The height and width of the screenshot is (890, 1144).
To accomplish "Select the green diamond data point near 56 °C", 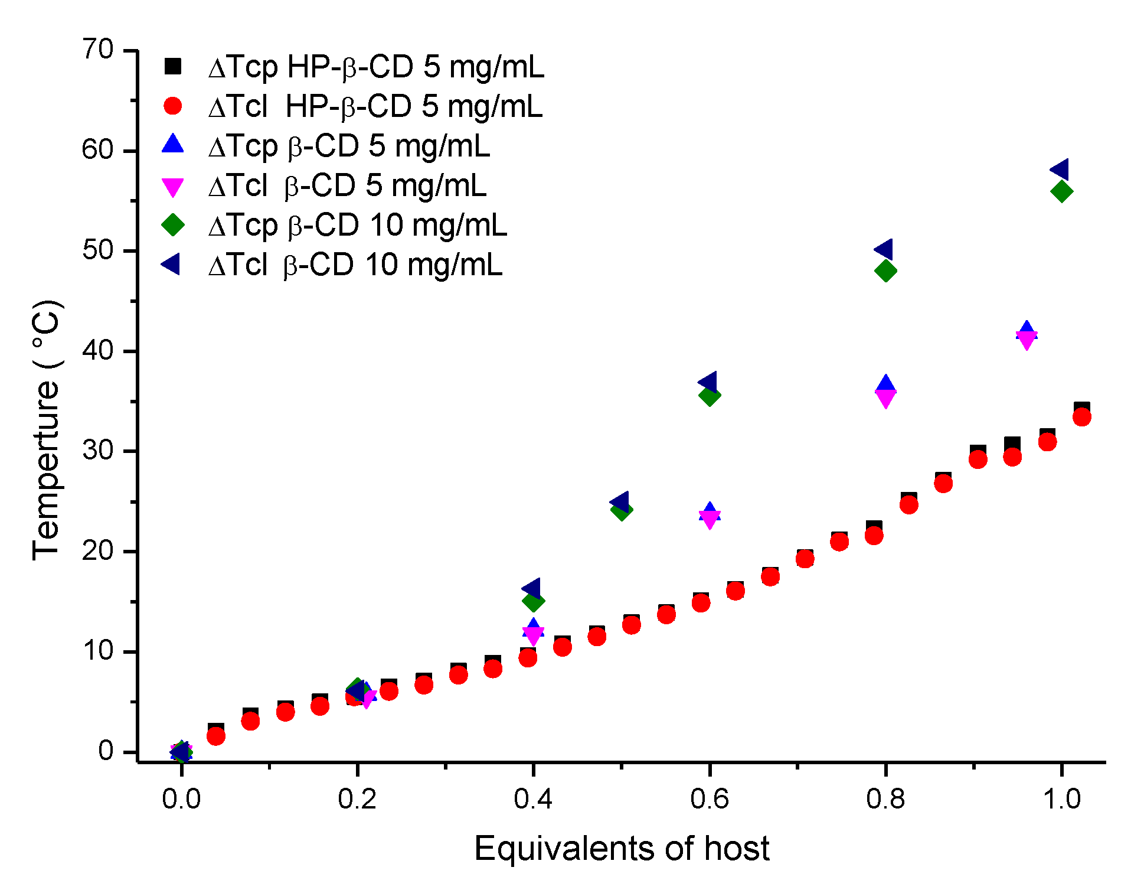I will (x=1061, y=191).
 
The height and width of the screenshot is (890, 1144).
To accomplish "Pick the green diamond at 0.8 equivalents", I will (x=885, y=270).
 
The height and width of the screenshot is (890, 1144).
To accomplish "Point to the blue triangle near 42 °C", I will (x=1027, y=331).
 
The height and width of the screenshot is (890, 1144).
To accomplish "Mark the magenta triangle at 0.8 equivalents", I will (x=885, y=399).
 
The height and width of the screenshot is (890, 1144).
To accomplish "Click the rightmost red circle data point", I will (x=1081, y=417).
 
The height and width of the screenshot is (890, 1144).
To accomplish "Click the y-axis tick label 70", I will (x=98, y=50).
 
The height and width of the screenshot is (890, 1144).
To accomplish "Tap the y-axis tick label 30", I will (x=98, y=451).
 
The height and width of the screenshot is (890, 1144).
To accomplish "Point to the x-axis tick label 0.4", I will (x=532, y=799).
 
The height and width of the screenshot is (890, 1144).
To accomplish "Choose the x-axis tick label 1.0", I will (x=1061, y=799).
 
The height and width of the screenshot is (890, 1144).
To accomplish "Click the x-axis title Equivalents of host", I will (x=621, y=849).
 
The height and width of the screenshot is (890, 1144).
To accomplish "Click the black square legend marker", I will (x=173, y=66).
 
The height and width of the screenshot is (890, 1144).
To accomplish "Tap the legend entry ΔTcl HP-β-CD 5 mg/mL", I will (x=375, y=107).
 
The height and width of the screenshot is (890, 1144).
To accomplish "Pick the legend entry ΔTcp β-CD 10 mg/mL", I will (x=358, y=225).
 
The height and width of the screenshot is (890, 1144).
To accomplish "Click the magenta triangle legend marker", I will (x=173, y=187).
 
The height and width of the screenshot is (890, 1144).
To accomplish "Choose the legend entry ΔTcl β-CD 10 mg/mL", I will (x=355, y=265).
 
